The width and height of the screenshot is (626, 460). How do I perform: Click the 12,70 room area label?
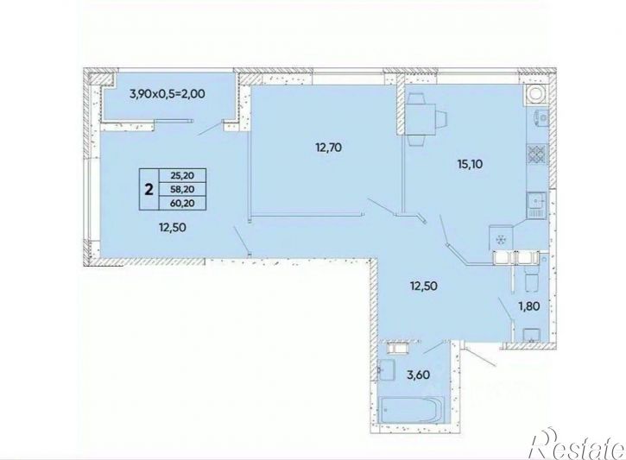point(329,148)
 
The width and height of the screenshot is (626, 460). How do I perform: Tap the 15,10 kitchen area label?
point(470,164)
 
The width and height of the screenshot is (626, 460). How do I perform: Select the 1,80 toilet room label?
point(529,306)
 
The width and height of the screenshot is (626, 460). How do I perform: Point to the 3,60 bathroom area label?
point(419,375)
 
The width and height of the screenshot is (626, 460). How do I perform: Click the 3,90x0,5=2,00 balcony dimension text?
point(168,94)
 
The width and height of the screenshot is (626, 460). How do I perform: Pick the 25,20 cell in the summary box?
point(182,175)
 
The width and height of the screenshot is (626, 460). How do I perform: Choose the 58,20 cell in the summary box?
point(182,189)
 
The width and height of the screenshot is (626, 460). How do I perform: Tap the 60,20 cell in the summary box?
point(182,203)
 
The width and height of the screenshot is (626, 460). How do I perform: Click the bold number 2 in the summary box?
point(149,190)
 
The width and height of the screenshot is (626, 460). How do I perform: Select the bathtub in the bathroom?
point(411,409)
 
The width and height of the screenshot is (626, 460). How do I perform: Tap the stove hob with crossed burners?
point(537,154)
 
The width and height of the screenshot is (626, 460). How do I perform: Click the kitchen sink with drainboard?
point(537,205)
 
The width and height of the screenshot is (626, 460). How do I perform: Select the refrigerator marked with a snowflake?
point(501,238)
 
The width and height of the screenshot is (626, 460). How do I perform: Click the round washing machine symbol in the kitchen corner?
point(535,94)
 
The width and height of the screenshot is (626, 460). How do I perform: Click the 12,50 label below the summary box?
point(173,227)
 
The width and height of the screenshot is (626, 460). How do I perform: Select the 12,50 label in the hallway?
point(424,286)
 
